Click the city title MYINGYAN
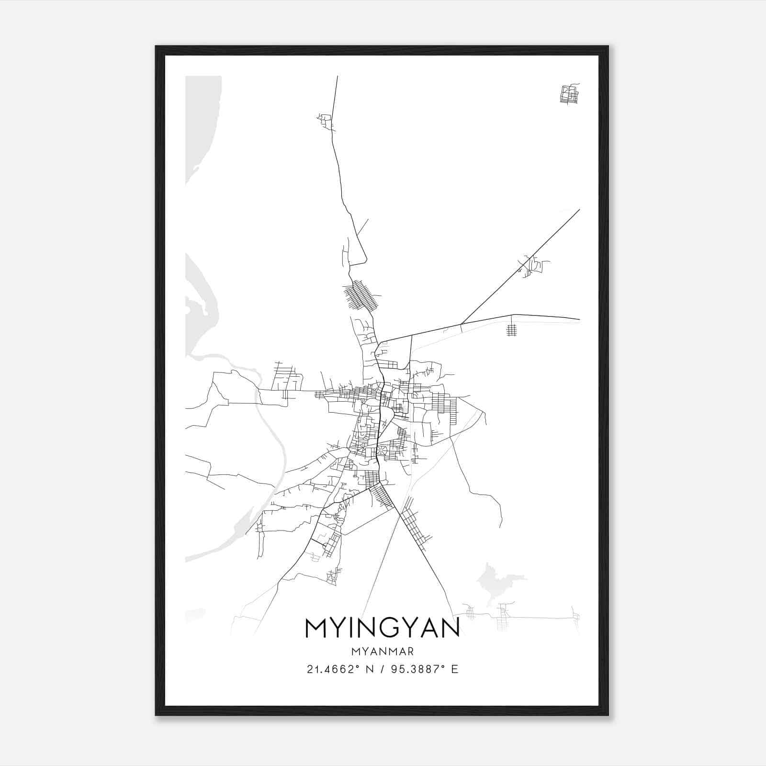tap(382, 628)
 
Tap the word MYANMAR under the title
tap(382, 651)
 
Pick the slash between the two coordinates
tap(381, 669)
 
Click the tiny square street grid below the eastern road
tap(512, 330)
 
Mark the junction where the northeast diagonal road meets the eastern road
tap(461, 324)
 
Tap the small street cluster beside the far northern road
tap(326, 121)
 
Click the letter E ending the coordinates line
tap(454, 669)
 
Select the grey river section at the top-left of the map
tap(201, 124)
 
